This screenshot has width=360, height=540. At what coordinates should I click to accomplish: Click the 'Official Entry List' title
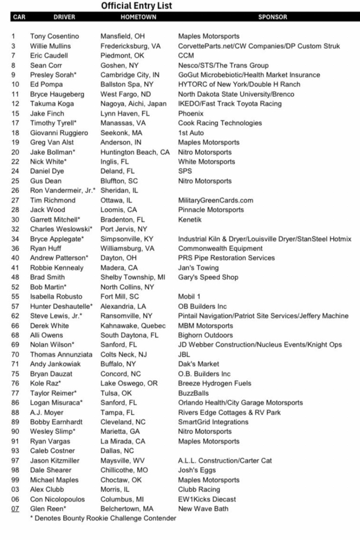coord(136,6)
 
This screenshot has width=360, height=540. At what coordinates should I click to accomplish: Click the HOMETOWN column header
coord(138,17)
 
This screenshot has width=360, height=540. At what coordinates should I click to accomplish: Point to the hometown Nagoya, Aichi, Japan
coord(134,104)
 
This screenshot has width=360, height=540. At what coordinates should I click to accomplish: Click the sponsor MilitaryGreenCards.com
coord(215,200)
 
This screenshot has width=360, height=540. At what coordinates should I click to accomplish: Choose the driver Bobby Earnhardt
coord(57,422)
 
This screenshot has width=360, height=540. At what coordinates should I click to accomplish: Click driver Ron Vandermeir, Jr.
coord(62,190)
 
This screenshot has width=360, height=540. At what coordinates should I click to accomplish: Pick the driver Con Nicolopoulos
coord(58,499)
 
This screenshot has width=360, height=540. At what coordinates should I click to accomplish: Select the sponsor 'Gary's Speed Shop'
coord(208,277)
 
